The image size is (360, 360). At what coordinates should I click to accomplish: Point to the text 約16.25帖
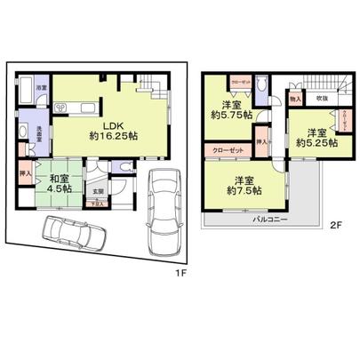[x=113, y=138]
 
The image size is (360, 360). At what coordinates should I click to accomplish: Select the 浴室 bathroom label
[x=41, y=87]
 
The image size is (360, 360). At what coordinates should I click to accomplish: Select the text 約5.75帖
[x=230, y=116]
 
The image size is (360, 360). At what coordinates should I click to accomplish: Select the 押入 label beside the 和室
[x=26, y=174]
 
